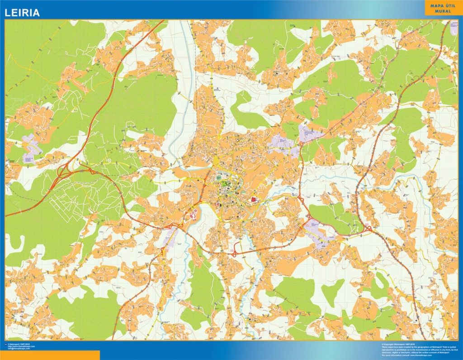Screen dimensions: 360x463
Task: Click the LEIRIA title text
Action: pyautogui.click(x=22, y=13)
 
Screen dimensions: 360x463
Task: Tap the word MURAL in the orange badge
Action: pyautogui.click(x=444, y=11)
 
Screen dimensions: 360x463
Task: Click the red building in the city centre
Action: pyautogui.click(x=253, y=199)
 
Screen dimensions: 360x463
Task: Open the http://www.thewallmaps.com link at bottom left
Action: pyautogui.click(x=22, y=347)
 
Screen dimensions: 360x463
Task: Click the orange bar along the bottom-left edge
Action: pyautogui.click(x=50, y=355)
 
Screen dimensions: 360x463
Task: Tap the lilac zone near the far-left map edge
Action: pyautogui.click(x=32, y=144)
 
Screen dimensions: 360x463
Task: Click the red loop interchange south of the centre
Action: pyautogui.click(x=235, y=254)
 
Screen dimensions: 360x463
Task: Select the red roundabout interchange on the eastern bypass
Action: pyautogui.click(x=367, y=229)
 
